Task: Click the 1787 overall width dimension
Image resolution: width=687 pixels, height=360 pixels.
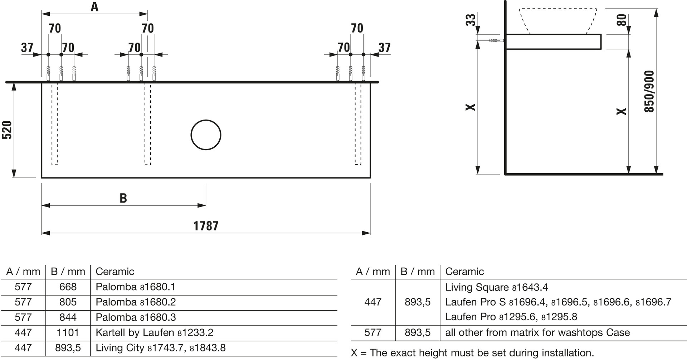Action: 206,226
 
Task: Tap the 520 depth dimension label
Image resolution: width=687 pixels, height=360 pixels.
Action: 7,130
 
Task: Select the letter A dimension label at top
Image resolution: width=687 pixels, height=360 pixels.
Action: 94,7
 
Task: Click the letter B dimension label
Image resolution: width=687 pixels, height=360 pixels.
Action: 123,198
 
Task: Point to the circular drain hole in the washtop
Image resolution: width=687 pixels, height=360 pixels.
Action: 206,135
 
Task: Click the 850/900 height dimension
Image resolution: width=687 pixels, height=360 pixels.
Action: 649,91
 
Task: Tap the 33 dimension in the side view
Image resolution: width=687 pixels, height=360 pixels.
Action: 471,20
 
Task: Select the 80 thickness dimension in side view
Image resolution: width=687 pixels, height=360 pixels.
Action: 622,20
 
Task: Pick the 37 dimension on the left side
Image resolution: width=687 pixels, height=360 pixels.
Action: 27,48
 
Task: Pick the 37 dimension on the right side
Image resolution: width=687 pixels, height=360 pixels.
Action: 384,48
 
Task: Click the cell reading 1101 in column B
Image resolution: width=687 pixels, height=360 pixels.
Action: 68,332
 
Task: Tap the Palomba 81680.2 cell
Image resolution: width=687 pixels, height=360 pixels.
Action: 136,302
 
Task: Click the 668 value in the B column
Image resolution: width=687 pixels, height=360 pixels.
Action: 68,287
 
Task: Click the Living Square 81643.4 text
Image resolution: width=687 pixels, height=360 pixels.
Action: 496,287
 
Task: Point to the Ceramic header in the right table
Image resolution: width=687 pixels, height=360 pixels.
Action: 464,272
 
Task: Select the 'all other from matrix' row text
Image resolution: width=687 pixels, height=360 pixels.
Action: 537,332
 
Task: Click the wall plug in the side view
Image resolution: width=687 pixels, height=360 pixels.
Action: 496,40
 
